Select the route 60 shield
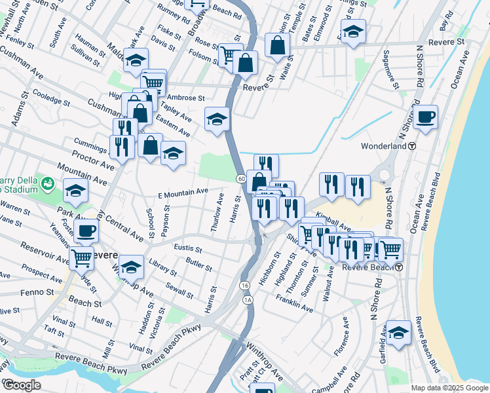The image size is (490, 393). (x=241, y=179)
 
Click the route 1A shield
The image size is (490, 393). (x=248, y=300)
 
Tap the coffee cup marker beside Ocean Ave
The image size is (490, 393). (x=425, y=117)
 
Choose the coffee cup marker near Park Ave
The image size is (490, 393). (x=86, y=231)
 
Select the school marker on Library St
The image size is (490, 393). (x=132, y=267)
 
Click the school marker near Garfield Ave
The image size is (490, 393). (x=398, y=332)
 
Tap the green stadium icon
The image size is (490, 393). (x=47, y=183)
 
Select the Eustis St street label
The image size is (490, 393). (x=188, y=248)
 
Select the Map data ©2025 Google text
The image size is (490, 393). (x=449, y=388)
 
